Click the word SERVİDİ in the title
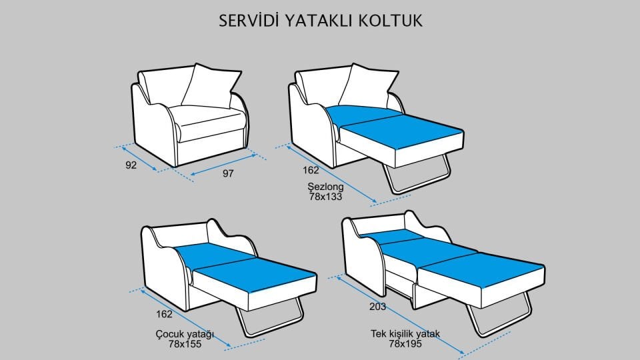249,21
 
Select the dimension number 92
131,165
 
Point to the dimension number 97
228,174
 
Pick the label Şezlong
326,187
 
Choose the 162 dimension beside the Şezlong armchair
311,171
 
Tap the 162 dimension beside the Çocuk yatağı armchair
164,314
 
